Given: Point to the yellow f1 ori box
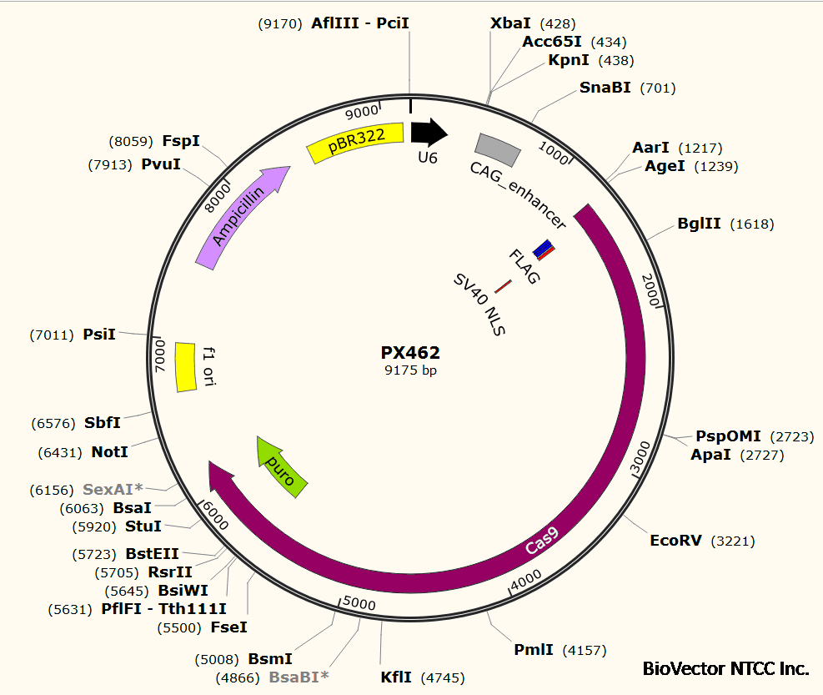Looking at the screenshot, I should pyautogui.click(x=185, y=367).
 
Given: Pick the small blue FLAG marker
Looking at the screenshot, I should pyautogui.click(x=544, y=248).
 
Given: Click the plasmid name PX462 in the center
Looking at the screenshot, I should pyautogui.click(x=410, y=353).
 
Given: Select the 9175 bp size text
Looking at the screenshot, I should pyautogui.click(x=410, y=370).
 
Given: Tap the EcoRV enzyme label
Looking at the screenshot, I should pyautogui.click(x=675, y=541).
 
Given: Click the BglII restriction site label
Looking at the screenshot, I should pyautogui.click(x=699, y=224).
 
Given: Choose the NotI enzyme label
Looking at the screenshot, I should pyautogui.click(x=110, y=452).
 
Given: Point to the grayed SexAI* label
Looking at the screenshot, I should pyautogui.click(x=113, y=489).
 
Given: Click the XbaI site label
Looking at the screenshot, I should pyautogui.click(x=510, y=23).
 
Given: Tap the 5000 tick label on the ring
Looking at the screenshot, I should pyautogui.click(x=359, y=603).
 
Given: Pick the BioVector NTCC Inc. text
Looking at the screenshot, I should pyautogui.click(x=725, y=668).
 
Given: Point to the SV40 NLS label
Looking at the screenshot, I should pyautogui.click(x=479, y=305).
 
